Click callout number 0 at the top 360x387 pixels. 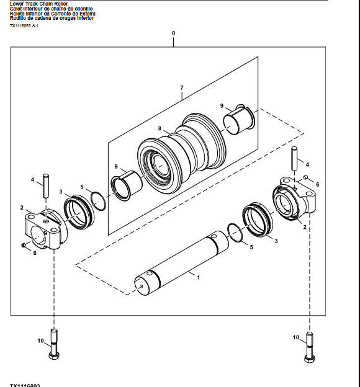173,33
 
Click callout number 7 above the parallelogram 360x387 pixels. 181,88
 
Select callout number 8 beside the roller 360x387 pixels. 159,129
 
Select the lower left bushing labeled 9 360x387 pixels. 127,185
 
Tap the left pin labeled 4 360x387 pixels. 45,187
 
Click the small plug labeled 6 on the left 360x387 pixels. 23,246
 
